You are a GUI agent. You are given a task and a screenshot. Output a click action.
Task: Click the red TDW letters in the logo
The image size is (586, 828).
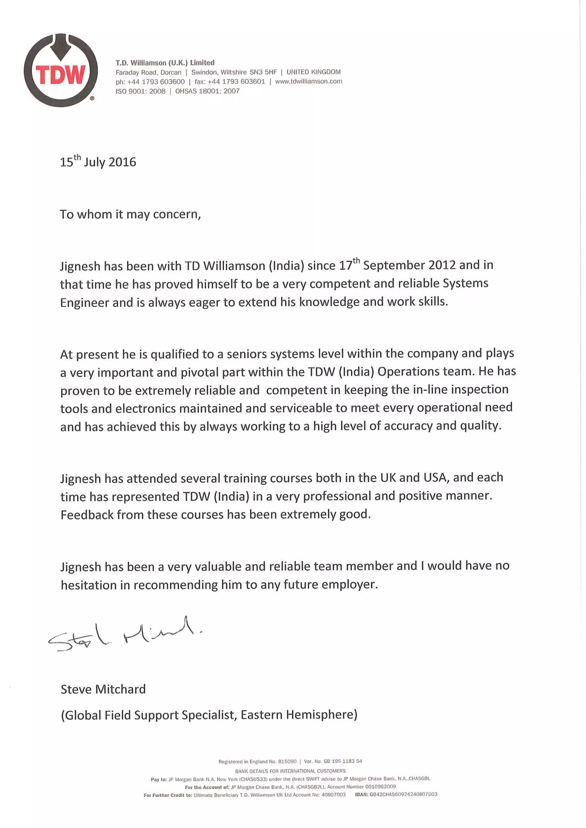[x=60, y=74]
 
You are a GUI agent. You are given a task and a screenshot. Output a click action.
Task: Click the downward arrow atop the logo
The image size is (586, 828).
[x=60, y=47]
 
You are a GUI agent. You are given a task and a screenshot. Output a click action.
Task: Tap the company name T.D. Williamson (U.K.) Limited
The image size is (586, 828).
[x=165, y=63]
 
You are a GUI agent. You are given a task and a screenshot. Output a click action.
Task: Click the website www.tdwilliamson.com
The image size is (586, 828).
[x=308, y=81]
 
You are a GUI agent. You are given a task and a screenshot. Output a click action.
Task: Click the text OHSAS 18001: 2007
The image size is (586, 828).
[x=207, y=91]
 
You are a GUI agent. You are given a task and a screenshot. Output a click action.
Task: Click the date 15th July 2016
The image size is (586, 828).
[x=98, y=162]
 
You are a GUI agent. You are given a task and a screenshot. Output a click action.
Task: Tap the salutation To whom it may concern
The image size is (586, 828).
[x=130, y=214]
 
